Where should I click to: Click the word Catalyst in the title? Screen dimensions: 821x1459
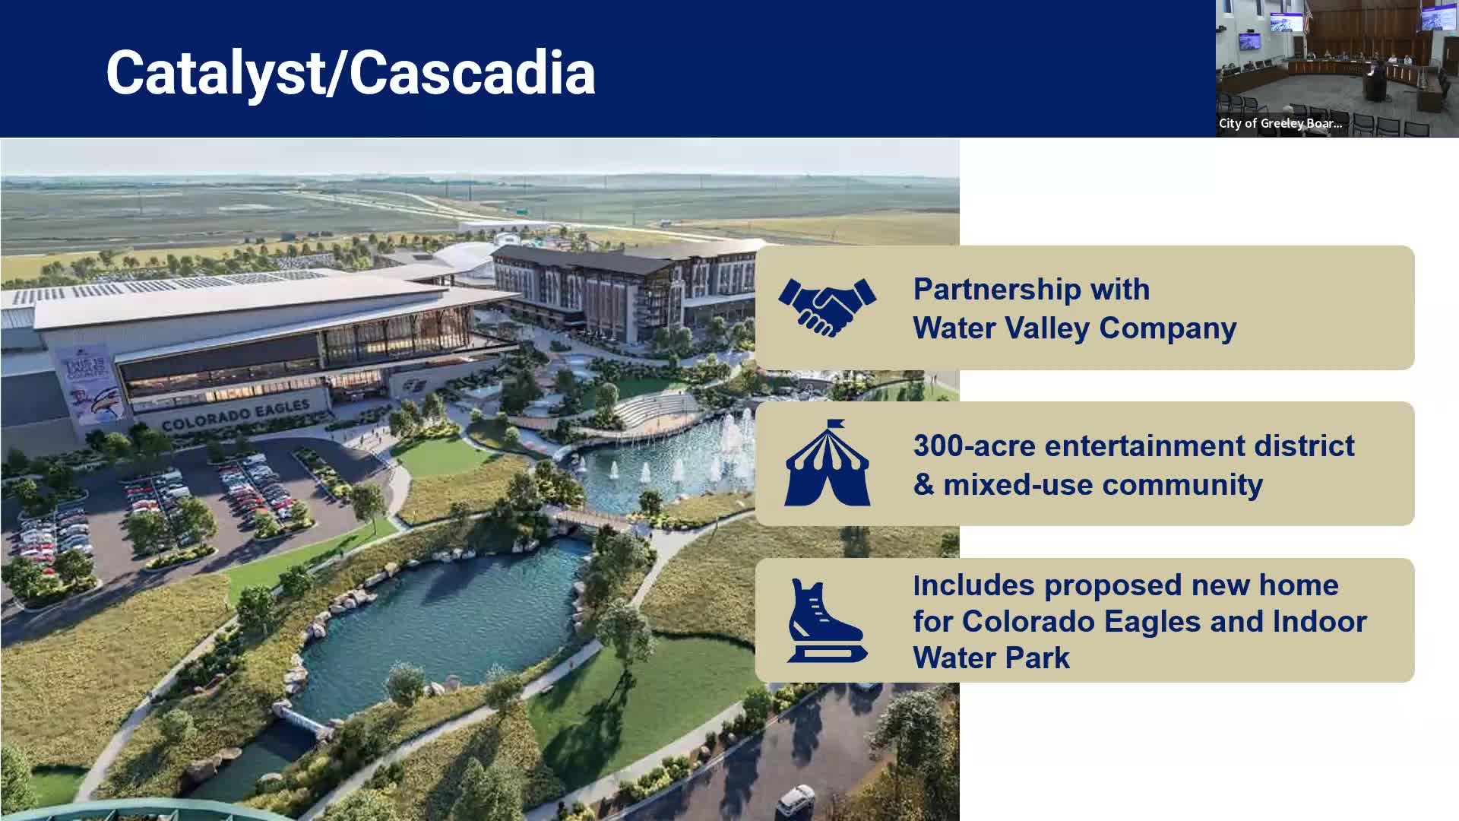215,73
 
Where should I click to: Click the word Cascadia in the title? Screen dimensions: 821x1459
472,73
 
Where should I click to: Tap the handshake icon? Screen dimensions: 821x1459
827,307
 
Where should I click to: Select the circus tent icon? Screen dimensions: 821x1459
827,463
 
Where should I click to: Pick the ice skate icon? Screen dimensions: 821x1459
826,620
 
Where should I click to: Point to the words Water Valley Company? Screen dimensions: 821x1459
1074,328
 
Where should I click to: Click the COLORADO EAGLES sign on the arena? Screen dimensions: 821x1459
236,415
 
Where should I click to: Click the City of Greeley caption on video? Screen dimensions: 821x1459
1280,123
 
